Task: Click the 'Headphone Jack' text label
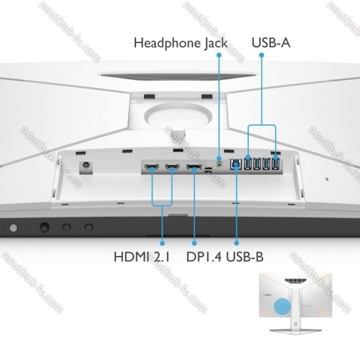pyautogui.click(x=181, y=43)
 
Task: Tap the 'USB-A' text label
pyautogui.click(x=271, y=43)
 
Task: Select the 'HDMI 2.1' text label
pyautogui.click(x=141, y=257)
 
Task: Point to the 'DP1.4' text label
pyautogui.click(x=204, y=257)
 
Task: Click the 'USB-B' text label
pyautogui.click(x=245, y=257)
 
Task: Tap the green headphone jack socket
pyautogui.click(x=220, y=164)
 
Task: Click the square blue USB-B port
pyautogui.click(x=236, y=164)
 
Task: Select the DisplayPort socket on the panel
pyautogui.click(x=194, y=166)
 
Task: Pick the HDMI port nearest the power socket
pyautogui.click(x=152, y=166)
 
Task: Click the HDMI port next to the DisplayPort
pyautogui.click(x=172, y=166)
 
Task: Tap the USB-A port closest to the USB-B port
pyautogui.click(x=247, y=164)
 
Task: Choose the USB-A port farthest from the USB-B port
pyautogui.click(x=276, y=164)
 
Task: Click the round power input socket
pyautogui.click(x=86, y=166)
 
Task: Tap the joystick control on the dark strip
pyautogui.click(x=45, y=227)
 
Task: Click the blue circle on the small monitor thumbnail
pyautogui.click(x=282, y=306)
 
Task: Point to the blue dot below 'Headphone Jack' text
pyautogui.click(x=219, y=55)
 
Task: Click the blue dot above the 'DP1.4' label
pyautogui.click(x=194, y=243)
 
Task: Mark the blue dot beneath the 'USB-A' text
pyautogui.click(x=262, y=55)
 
